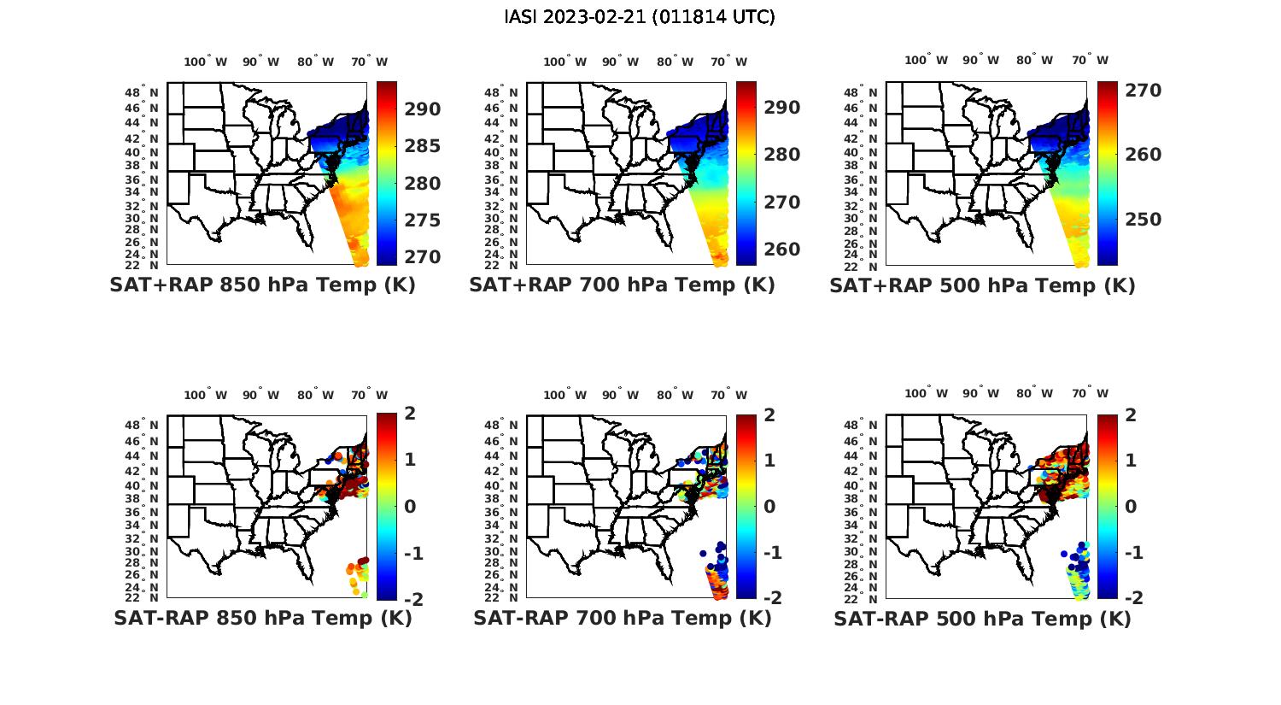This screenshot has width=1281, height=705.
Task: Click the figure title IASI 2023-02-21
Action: [x=640, y=17]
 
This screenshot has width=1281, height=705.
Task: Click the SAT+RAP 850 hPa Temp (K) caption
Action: [x=262, y=285]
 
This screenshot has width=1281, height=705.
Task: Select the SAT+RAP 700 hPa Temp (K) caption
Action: [x=622, y=285]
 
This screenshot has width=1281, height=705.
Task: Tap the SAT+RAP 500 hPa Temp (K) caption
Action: [x=982, y=286]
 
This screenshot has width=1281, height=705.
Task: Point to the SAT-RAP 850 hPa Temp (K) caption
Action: [x=262, y=619]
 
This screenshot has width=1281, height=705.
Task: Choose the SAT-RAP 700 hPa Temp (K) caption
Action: [x=622, y=619]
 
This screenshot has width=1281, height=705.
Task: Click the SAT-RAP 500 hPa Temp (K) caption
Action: [x=982, y=620]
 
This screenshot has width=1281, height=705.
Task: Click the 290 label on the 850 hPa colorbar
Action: [x=423, y=109]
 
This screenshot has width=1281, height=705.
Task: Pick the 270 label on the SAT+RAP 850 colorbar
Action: [x=423, y=257]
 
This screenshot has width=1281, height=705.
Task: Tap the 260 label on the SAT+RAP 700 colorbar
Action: [x=782, y=250]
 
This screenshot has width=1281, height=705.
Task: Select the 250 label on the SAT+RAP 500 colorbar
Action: [x=1143, y=220]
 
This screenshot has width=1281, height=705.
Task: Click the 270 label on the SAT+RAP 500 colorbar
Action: [x=1143, y=91]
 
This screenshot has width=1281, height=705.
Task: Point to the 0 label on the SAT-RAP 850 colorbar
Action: [x=410, y=506]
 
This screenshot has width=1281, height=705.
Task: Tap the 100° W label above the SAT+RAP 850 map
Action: [x=205, y=62]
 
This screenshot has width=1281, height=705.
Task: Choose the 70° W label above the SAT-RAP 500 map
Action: [x=1090, y=394]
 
